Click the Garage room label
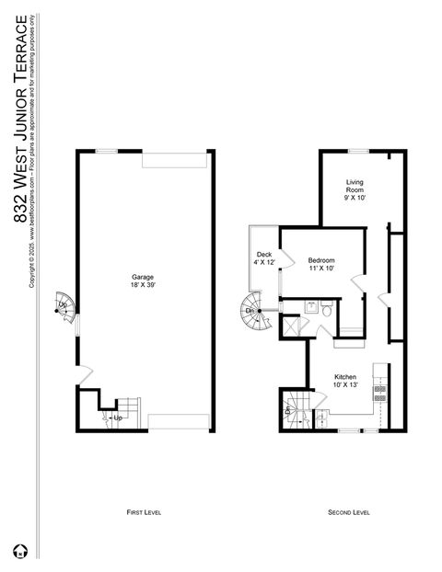(142, 277)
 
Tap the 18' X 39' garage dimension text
(142, 285)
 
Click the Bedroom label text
(321, 260)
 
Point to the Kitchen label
(345, 377)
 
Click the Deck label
(263, 255)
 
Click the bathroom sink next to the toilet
(311, 307)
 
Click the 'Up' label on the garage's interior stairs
(118, 418)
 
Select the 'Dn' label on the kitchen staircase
(289, 411)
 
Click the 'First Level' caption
(143, 511)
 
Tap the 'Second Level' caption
(349, 511)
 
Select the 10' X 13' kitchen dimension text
(345, 385)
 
